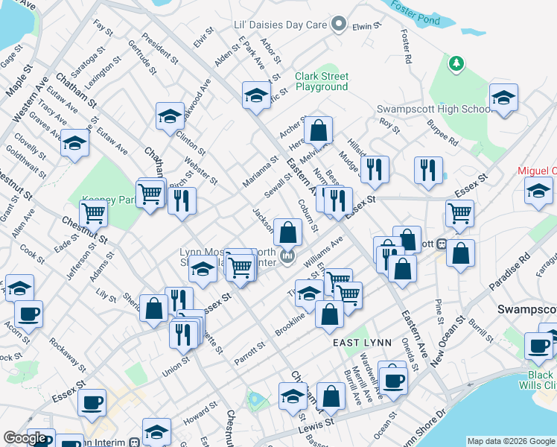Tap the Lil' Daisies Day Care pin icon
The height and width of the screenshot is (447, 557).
[339, 25]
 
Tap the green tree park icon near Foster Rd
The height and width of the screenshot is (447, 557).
[457, 65]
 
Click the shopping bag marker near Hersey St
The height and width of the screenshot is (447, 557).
[318, 131]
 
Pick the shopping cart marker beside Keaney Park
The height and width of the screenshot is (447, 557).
[94, 214]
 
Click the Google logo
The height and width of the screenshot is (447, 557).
[25, 438]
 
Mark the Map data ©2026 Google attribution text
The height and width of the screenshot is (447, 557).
[511, 441]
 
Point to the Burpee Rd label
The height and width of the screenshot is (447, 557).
[443, 136]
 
